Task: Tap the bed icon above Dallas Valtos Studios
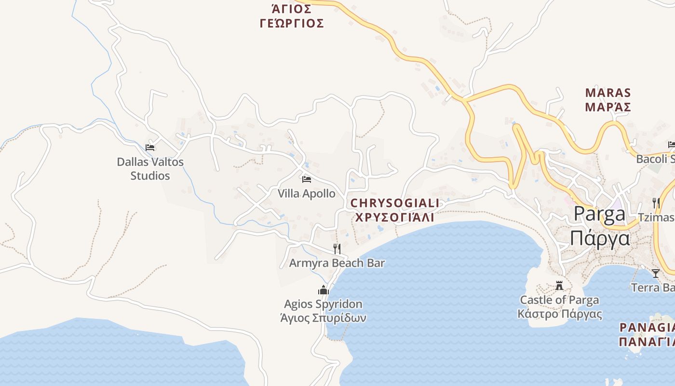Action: coord(150,148)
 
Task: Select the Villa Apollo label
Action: coord(306,193)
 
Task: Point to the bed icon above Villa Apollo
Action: coord(306,180)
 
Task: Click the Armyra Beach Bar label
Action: coord(337,263)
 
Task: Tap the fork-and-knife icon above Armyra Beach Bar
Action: coord(337,249)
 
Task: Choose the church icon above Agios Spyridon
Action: coord(323,290)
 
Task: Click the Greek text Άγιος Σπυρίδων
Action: coord(323,318)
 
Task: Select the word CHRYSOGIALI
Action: coord(395,203)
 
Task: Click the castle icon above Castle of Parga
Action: coord(559,286)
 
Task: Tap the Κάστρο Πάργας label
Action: coord(559,314)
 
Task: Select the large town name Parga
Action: coord(599,215)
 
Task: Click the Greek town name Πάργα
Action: coord(599,238)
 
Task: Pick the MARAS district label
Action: coord(607,93)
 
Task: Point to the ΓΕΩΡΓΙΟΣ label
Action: coord(292,23)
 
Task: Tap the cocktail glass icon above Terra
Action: coord(655,274)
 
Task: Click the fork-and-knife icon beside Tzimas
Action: coord(656,202)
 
